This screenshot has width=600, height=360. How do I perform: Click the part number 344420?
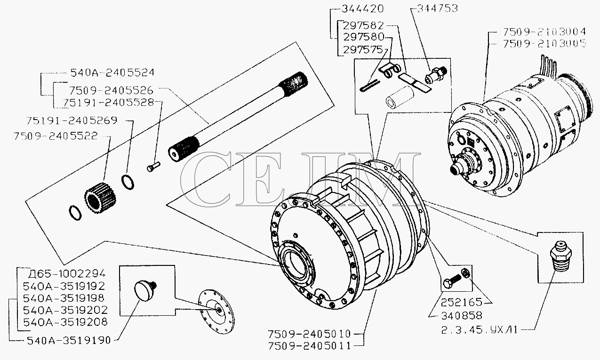coord(362,9)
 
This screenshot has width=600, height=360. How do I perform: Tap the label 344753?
coord(437,8)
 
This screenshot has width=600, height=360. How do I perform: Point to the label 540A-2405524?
coord(112,72)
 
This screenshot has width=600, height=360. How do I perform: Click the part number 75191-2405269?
coord(72,120)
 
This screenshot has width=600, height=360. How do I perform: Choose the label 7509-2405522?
coord(56,136)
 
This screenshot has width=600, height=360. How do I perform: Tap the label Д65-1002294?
coord(67,273)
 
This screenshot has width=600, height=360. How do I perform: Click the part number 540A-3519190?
coord(69,340)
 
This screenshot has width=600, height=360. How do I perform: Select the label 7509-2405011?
coord(309,346)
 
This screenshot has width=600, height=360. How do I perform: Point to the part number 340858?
coord(462,316)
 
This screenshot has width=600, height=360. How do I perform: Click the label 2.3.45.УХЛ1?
coord(479,330)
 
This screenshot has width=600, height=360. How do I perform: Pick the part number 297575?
coord(363,50)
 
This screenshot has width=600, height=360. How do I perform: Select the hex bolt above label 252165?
coord(452,281)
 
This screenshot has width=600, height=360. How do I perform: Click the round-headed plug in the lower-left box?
coord(145,290)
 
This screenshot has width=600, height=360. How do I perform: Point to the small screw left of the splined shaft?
coord(153,166)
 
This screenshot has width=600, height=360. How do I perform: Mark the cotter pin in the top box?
coord(369,86)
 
